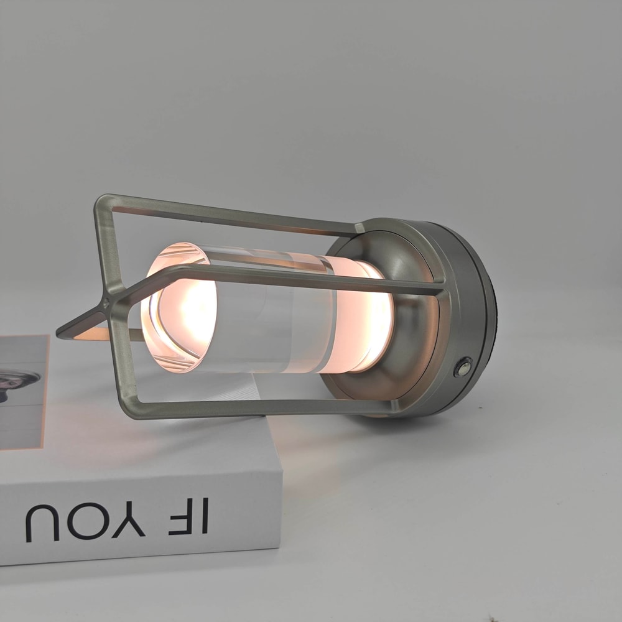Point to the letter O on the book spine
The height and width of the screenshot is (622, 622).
click(80, 522)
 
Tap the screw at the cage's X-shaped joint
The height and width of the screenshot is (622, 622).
click(106, 305)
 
